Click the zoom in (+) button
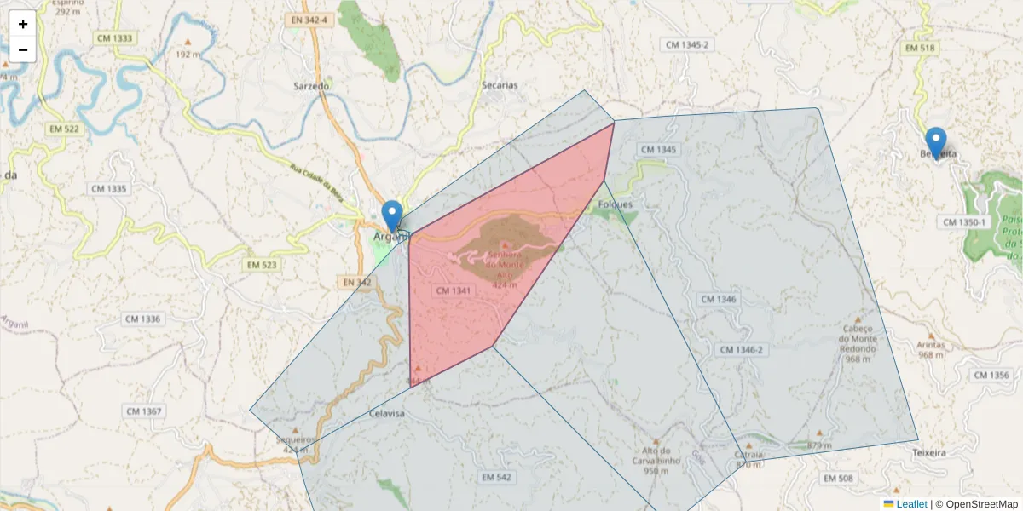[x=23, y=24]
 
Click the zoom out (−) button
[x=23, y=49]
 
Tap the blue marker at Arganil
[x=392, y=215]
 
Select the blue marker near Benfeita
[x=935, y=141]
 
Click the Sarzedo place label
[x=310, y=86]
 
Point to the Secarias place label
[x=500, y=85]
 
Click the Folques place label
[x=616, y=204]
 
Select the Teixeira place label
[x=928, y=453]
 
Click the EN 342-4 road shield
[x=308, y=19]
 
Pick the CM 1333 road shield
[x=114, y=38]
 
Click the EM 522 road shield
[x=64, y=129]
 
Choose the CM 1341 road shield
[x=454, y=290]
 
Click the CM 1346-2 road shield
[x=741, y=350]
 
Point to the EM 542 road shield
[x=495, y=477]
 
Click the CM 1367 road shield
[x=143, y=411]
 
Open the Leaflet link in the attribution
[x=910, y=504]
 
